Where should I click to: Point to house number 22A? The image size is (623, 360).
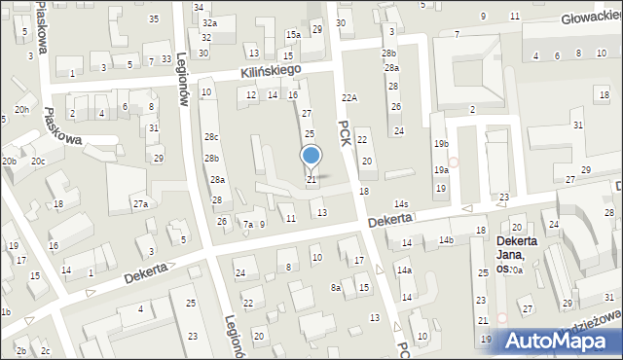click(x=349, y=98)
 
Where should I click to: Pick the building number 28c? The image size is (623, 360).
click(x=211, y=137)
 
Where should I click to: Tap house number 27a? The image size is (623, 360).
click(x=141, y=203)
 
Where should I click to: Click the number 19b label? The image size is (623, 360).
click(x=441, y=144)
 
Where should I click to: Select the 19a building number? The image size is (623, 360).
click(x=441, y=170)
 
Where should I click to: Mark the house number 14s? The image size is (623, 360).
click(x=400, y=204)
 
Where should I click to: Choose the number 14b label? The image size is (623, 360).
click(x=446, y=239)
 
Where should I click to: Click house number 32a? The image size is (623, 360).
click(x=209, y=22)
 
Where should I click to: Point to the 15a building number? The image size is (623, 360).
click(x=292, y=35)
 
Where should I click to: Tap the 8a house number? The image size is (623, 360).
click(x=336, y=287)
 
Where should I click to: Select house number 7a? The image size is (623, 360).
click(x=247, y=225)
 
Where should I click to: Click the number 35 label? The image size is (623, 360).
click(x=154, y=19)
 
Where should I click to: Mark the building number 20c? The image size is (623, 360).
click(x=38, y=162)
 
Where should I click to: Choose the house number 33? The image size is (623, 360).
click(x=167, y=60)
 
